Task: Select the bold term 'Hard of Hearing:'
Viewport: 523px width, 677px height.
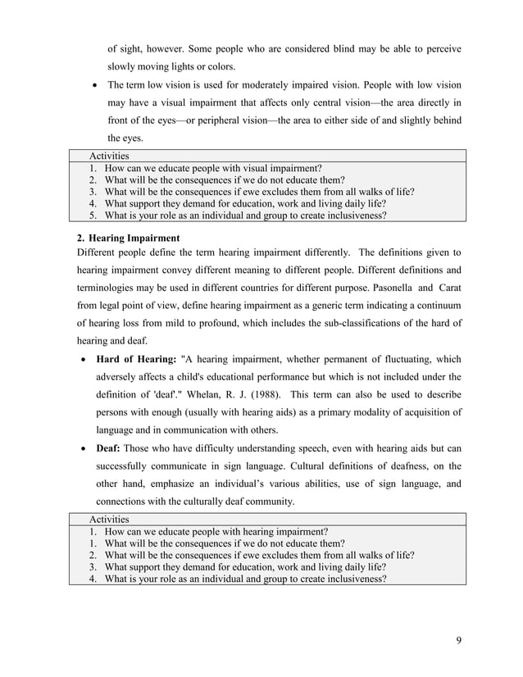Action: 136,358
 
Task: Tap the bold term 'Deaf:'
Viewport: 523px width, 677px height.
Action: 111,448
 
